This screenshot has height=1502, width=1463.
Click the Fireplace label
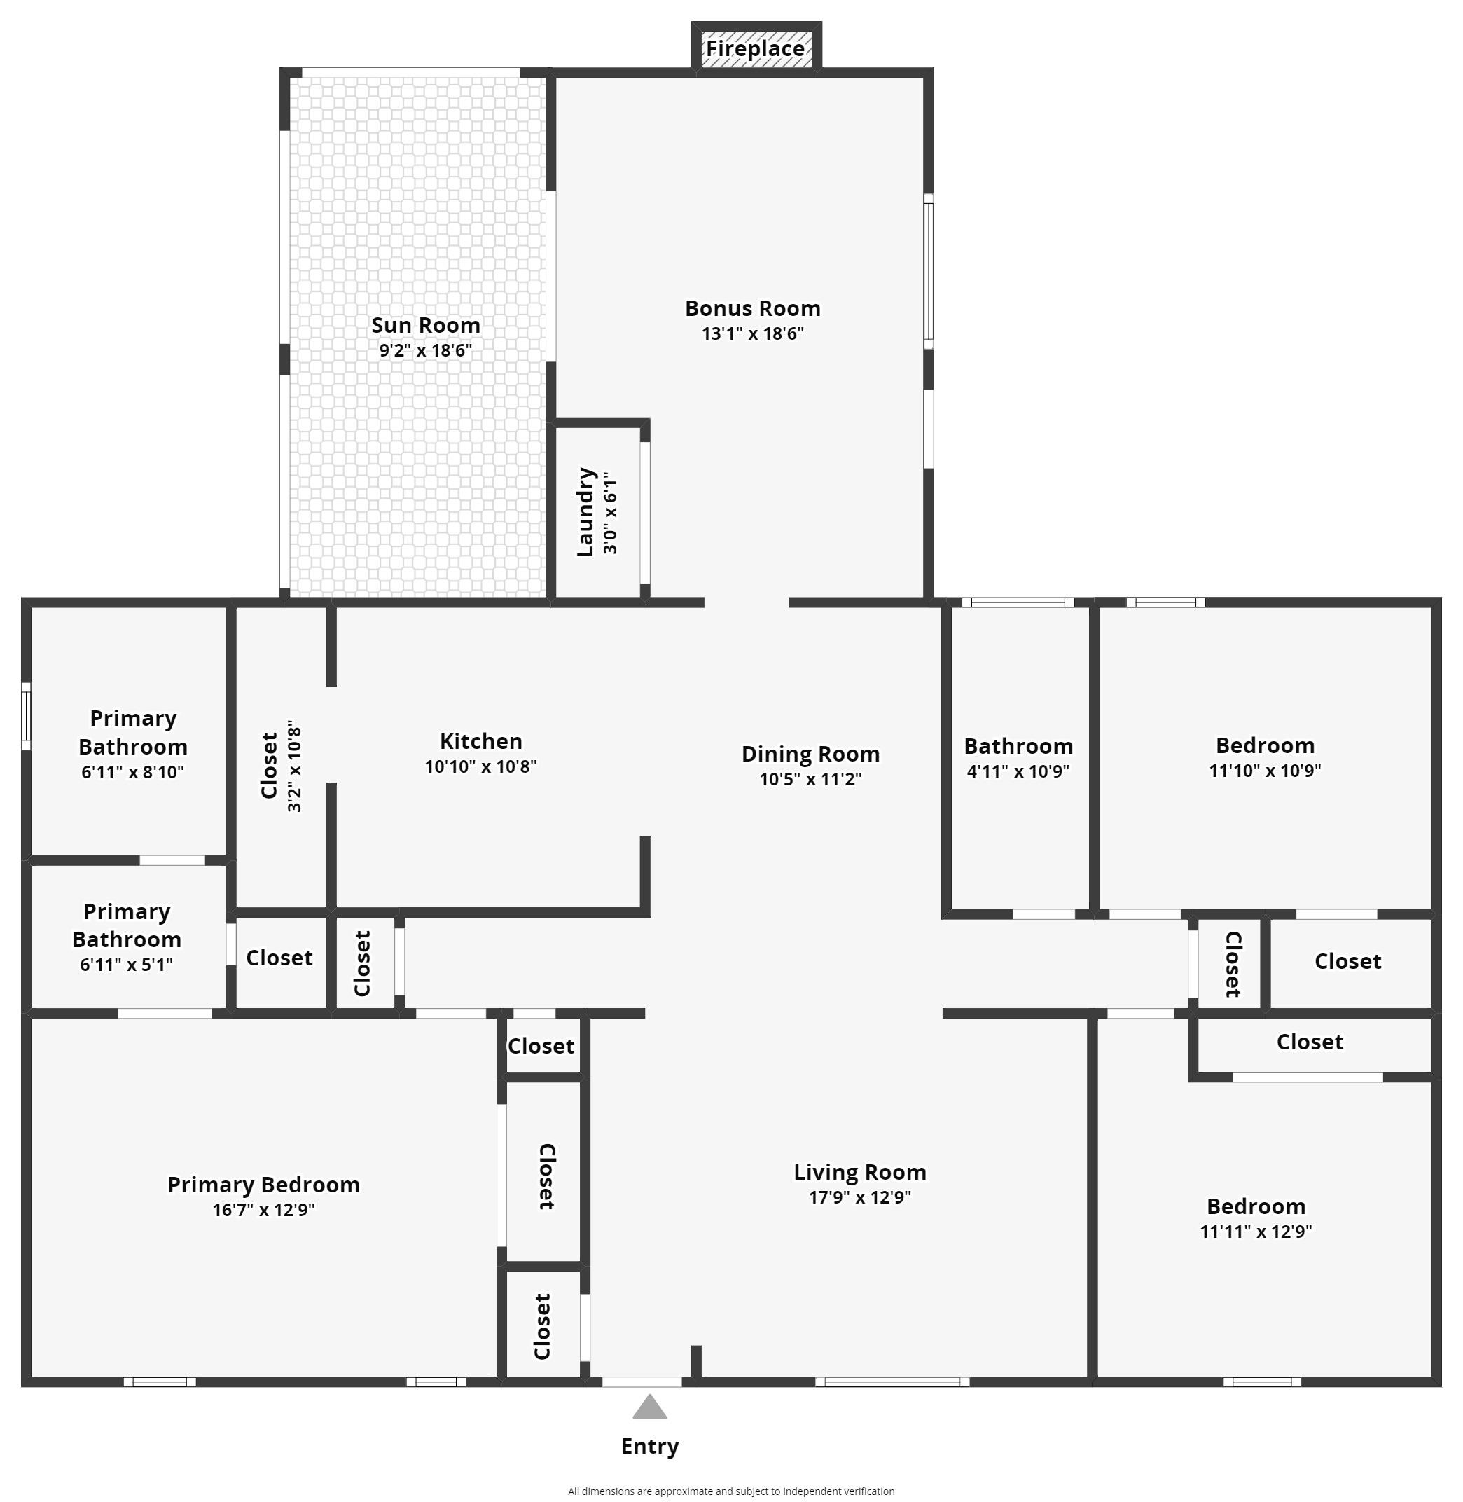(x=756, y=48)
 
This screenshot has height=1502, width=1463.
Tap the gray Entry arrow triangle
(x=649, y=1407)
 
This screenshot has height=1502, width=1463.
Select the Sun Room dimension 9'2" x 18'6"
(x=425, y=350)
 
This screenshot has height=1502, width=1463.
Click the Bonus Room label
(x=752, y=308)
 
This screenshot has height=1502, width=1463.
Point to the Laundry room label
(x=585, y=511)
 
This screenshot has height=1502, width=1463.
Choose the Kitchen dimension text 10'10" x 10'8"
(x=480, y=766)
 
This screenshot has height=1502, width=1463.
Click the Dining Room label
(x=811, y=754)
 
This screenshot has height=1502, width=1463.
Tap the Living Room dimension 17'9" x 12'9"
(x=860, y=1197)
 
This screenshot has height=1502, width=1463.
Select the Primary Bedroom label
(x=263, y=1185)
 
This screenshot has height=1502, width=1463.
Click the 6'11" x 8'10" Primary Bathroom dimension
(x=133, y=772)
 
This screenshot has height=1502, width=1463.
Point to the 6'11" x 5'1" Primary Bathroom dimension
(x=126, y=964)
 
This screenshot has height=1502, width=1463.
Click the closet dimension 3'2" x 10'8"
(x=293, y=766)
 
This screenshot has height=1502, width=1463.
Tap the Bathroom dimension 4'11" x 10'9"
(x=1018, y=771)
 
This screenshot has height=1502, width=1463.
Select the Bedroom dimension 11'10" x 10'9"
(x=1265, y=770)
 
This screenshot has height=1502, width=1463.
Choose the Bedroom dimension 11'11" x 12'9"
(x=1256, y=1231)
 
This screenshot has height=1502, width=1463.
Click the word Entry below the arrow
(x=650, y=1447)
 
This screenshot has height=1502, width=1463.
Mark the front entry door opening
(x=642, y=1382)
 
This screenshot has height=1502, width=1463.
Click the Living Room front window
(x=892, y=1382)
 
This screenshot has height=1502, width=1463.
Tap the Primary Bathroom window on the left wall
(x=26, y=716)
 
